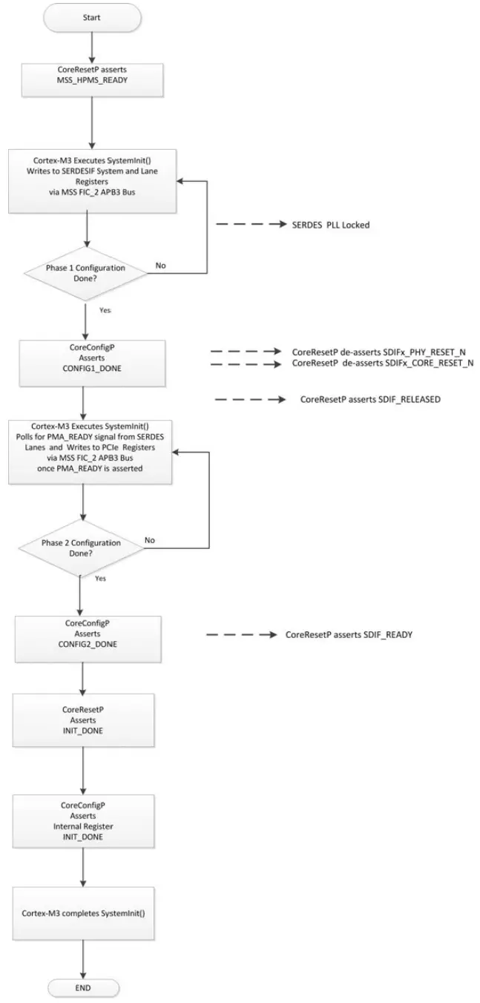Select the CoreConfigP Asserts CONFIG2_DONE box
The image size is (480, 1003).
[x=82, y=635]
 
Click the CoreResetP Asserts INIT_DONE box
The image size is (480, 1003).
[x=82, y=720]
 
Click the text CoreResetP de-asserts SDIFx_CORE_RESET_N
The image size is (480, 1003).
[x=383, y=364]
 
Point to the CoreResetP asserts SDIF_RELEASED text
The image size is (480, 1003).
[x=371, y=399]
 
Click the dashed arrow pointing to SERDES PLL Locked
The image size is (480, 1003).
[x=249, y=223]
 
